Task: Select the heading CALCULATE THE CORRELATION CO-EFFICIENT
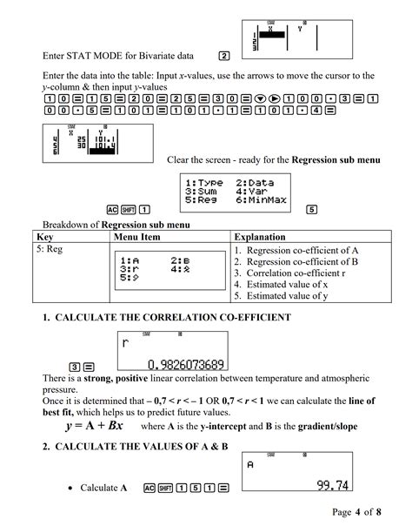(166, 317)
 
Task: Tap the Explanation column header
(265, 237)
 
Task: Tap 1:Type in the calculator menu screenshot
(204, 182)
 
